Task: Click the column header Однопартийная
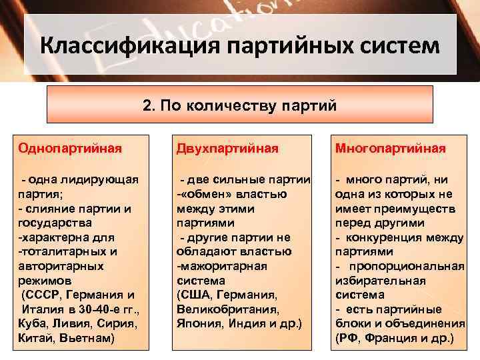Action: (70, 148)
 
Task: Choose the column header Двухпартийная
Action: (227, 148)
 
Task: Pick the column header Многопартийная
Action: (390, 148)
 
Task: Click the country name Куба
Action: (33, 323)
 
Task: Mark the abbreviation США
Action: (194, 295)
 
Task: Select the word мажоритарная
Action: (223, 266)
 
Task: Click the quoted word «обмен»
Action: (207, 194)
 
